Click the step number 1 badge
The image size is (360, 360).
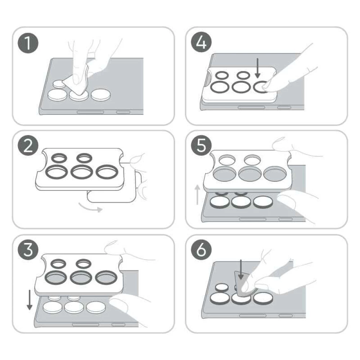tap(28, 43)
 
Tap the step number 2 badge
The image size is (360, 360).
tap(28, 145)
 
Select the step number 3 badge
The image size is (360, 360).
tap(28, 249)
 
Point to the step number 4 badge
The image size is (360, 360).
tap(201, 42)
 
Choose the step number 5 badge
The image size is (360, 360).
tap(201, 145)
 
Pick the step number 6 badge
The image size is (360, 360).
tap(201, 249)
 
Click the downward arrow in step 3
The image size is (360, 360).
tap(30, 300)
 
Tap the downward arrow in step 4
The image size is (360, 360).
tap(258, 68)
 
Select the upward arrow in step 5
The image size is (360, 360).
tap(197, 195)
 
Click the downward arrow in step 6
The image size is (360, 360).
tap(240, 270)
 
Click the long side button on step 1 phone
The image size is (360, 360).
tap(90, 112)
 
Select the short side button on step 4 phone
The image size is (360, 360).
tap(284, 107)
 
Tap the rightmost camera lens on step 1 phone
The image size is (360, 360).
tap(100, 95)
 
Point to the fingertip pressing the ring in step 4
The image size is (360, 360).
tap(267, 85)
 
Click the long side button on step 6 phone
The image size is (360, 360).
tap(253, 316)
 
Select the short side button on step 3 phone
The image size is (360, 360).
tap(118, 324)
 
